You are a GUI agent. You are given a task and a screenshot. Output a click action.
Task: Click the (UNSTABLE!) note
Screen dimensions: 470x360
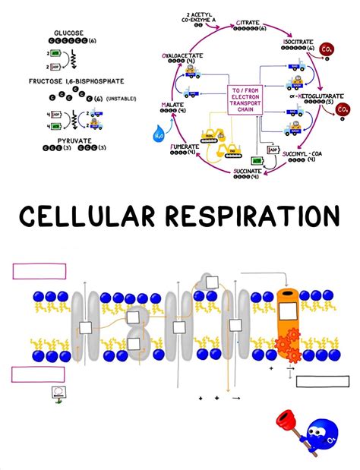122,99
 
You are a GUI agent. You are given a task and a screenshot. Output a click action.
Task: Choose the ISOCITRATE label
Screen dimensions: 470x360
299,42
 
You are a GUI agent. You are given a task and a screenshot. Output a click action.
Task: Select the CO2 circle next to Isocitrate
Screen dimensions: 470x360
327,51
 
